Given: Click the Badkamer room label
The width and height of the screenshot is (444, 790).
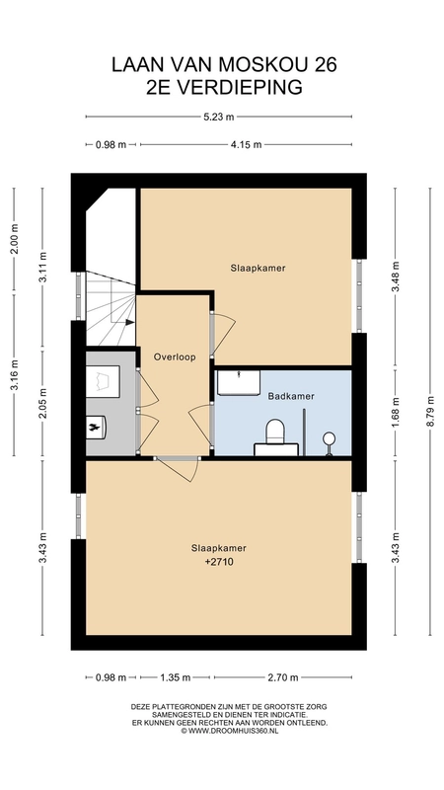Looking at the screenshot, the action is [291, 396].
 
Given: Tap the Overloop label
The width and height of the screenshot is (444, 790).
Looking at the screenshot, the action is [175, 356].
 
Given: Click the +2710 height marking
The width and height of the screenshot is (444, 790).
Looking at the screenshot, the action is [219, 562].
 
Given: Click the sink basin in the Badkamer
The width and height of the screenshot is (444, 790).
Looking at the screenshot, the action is [239, 383].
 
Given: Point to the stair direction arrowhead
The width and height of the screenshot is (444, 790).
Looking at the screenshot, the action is [130, 322].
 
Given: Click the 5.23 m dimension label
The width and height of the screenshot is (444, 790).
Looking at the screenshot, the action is [218, 117].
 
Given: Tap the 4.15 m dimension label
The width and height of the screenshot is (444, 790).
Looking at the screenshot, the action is [246, 145].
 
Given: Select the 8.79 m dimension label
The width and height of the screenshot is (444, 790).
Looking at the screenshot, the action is [430, 411].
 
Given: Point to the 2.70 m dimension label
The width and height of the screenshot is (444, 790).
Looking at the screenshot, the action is [283, 677].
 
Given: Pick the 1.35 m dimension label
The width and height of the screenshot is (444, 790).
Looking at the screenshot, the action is [176, 677].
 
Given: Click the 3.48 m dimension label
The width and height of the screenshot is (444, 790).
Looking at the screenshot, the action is [396, 276].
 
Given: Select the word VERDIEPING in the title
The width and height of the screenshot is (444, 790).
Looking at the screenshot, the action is [239, 88].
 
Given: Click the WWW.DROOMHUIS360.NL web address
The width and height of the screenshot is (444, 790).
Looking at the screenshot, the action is [233, 731].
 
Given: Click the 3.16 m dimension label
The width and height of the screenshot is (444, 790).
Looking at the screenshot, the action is [14, 374].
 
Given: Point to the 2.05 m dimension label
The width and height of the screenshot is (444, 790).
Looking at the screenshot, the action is [42, 403].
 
